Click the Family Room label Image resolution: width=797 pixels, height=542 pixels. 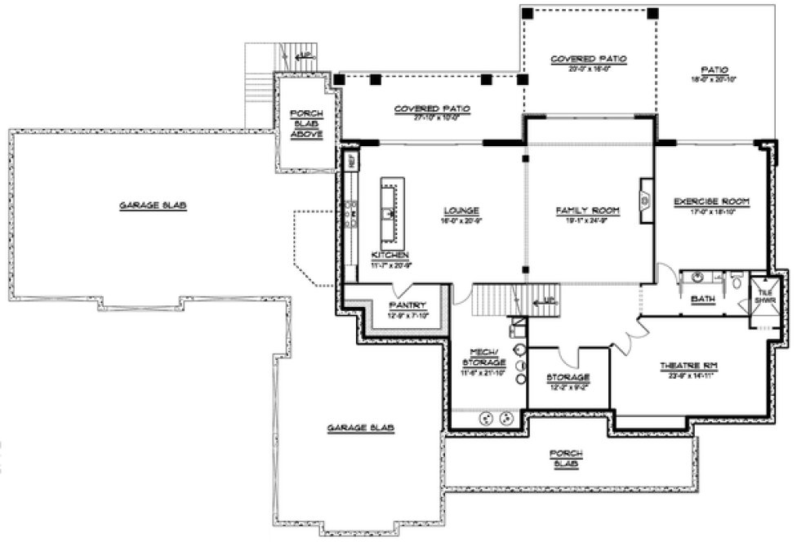tap(588, 211)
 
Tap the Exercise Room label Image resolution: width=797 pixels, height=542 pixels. tap(711, 201)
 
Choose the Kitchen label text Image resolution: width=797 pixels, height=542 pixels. tap(389, 255)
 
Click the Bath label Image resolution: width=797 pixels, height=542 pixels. tap(702, 300)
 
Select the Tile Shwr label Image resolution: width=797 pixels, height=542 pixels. tap(766, 295)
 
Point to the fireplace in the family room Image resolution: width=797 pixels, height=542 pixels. tap(645, 198)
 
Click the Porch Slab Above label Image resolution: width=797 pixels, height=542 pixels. tap(306, 122)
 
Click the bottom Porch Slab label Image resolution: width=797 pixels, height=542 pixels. tap(565, 459)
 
